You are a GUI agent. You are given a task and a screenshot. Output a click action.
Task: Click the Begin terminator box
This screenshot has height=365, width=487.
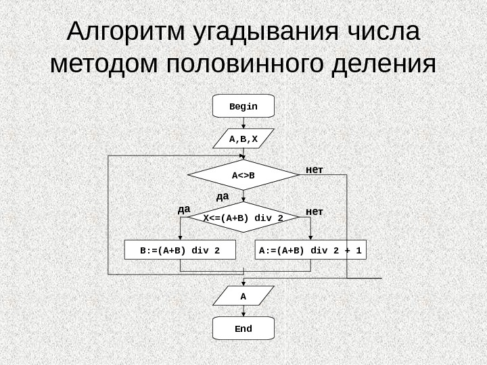(x=243, y=107)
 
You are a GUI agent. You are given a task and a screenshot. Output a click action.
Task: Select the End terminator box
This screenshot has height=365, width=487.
(x=243, y=328)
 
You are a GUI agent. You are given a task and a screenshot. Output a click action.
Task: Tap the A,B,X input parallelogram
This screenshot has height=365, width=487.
(x=243, y=139)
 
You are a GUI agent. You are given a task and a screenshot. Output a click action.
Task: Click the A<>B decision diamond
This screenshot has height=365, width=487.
(x=243, y=176)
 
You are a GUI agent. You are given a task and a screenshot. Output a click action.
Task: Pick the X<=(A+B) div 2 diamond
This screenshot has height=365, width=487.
(x=243, y=218)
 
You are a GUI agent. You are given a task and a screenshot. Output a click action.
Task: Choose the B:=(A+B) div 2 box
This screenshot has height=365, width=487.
(x=180, y=250)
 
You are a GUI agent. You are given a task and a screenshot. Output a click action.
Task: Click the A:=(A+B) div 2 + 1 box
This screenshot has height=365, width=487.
(x=310, y=250)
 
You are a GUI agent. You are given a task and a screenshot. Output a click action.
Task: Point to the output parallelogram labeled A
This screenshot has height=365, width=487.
(x=243, y=296)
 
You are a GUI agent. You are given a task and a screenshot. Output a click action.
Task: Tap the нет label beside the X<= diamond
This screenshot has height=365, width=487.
(x=315, y=212)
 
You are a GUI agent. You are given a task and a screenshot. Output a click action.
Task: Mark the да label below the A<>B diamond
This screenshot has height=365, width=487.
(x=223, y=196)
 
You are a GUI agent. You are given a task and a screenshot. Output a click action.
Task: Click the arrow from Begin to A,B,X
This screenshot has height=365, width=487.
(x=243, y=123)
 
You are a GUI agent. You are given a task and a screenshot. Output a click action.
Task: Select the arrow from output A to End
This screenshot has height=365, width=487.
(x=243, y=312)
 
